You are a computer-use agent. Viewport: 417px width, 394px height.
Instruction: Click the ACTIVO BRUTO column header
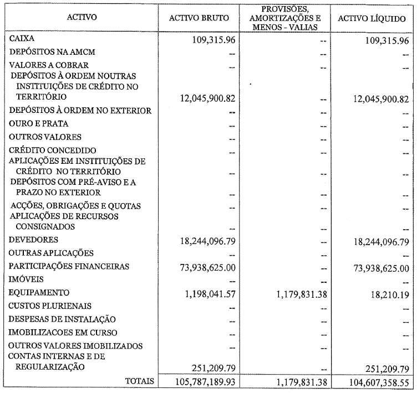click(199, 18)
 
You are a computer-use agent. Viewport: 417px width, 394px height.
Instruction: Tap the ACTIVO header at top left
click(82, 17)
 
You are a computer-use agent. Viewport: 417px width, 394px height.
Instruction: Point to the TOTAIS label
click(139, 381)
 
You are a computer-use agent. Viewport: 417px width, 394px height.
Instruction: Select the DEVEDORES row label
click(34, 240)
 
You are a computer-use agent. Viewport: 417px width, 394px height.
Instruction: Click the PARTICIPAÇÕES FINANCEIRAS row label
click(69, 267)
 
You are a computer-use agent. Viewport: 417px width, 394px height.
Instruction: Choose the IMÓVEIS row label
click(26, 279)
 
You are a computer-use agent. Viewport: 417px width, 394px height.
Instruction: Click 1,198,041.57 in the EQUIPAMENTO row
click(204, 293)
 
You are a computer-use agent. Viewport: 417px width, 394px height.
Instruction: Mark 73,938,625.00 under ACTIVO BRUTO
click(201, 267)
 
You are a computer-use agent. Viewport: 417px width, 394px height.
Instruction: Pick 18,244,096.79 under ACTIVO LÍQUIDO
click(374, 241)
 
